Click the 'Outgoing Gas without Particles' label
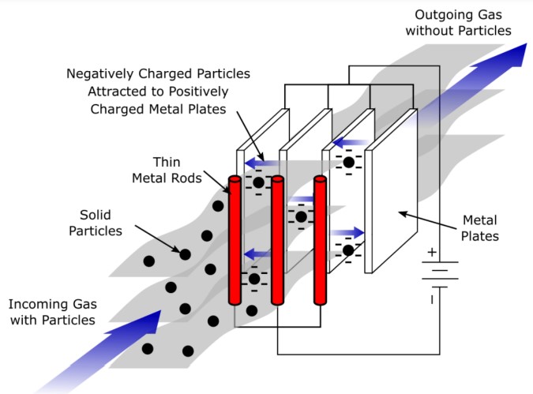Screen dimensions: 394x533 tap(459, 22)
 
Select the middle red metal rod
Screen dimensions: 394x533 tap(277, 240)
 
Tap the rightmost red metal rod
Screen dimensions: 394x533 tap(320, 240)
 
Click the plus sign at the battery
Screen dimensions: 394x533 tap(431, 253)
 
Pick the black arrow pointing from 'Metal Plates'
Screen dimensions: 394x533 tap(418, 219)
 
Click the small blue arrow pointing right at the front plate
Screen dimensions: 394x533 tap(347, 233)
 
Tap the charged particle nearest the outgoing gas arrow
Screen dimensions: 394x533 tap(348, 162)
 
